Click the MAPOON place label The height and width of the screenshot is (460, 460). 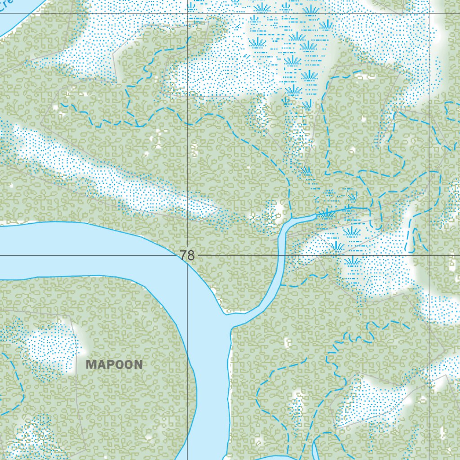pos(114,365)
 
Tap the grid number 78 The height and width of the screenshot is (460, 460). pos(187,256)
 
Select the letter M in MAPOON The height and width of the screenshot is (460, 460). pos(91,365)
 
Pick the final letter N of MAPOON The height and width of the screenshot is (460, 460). pos(137,365)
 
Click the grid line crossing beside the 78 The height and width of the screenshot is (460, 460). pos(187,255)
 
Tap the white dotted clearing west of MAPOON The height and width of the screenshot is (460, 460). pos(49,348)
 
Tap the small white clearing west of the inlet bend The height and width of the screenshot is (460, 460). pos(279,209)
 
